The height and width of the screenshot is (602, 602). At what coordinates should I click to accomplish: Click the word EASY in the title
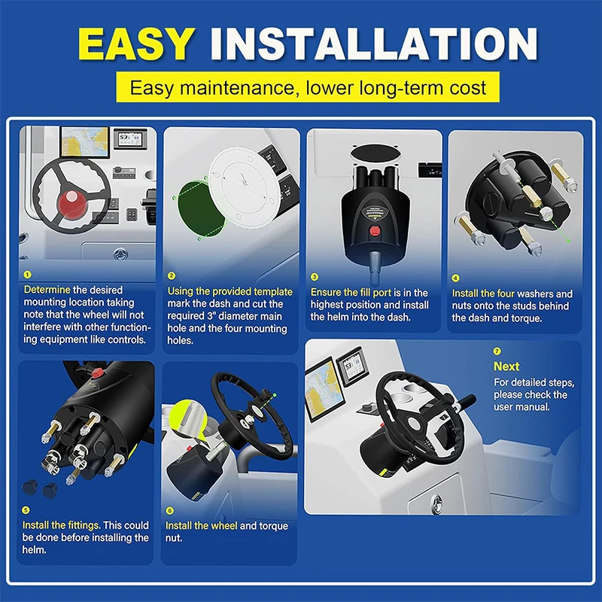point(136,44)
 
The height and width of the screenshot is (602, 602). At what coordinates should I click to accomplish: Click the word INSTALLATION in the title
point(373,44)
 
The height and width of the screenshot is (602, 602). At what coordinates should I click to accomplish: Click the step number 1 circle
point(27,275)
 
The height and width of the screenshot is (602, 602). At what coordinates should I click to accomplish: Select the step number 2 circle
point(172,275)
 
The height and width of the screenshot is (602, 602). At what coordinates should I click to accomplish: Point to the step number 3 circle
point(315,277)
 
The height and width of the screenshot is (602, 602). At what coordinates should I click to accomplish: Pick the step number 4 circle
point(455,278)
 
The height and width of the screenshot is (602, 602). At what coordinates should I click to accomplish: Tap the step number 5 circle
point(26,510)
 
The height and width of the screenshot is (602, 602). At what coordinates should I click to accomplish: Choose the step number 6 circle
point(170,511)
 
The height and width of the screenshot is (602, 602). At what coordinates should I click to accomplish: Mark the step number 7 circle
point(497,351)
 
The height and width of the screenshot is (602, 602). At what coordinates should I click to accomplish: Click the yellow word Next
point(506,366)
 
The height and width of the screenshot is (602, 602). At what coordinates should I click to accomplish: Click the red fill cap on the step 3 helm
point(374,231)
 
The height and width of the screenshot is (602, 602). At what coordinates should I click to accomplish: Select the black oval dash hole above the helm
point(374,155)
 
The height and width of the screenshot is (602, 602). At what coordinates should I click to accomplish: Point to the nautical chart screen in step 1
point(84,142)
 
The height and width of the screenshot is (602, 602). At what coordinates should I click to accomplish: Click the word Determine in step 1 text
point(47,290)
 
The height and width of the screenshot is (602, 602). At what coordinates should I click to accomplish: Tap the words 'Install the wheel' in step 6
point(201,525)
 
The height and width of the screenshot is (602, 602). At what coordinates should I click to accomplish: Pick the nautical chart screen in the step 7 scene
point(324,389)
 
